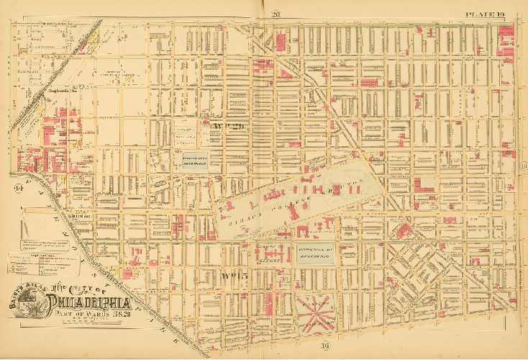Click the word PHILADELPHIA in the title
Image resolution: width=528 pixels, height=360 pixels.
pos(101,300)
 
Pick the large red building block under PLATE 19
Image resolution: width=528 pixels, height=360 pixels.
pos(506,47)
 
